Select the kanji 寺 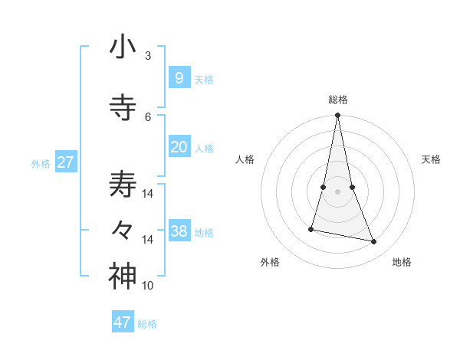123,108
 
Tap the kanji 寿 123,185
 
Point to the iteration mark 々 123,231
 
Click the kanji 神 123,277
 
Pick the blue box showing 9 179,77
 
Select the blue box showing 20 179,146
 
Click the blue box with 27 65,162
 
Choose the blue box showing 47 123,322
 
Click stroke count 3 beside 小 148,56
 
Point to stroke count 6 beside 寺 148,117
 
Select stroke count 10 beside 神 148,286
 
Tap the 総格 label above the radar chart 337,100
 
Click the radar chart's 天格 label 431,159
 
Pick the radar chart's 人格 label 245,159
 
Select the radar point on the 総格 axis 337,116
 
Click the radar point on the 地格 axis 374,241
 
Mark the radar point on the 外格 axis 311,229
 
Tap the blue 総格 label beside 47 147,324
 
